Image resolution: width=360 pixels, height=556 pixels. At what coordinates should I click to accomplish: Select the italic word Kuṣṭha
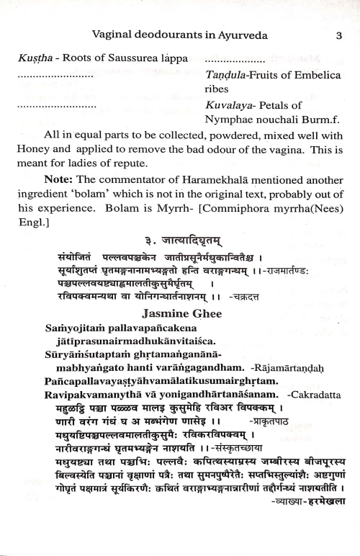32,60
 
